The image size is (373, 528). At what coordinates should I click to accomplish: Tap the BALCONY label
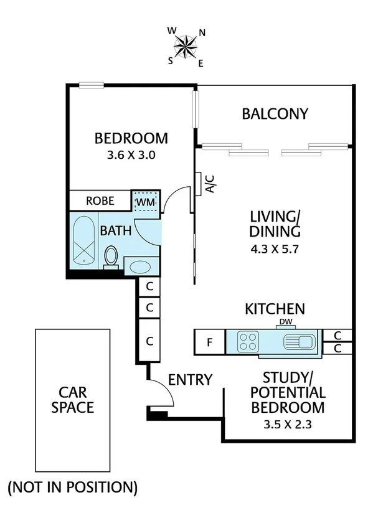point(275,114)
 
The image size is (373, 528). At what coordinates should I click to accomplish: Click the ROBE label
point(100,200)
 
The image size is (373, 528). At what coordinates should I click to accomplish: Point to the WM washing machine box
point(146,202)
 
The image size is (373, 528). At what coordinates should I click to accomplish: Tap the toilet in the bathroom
point(111,255)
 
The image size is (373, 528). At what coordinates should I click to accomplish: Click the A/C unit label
point(210,184)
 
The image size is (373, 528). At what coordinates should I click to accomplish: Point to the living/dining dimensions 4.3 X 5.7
point(275,253)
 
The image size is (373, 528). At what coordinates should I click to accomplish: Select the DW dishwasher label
point(286,321)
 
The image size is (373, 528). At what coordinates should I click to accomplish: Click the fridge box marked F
point(209,341)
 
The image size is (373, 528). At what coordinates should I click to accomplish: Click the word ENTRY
point(191,379)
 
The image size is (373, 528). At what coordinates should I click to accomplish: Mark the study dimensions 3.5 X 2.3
point(287,427)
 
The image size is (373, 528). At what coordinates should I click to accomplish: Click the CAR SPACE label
point(77,400)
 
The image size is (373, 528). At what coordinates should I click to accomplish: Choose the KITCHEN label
point(275,308)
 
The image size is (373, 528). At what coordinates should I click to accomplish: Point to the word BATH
point(116,230)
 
